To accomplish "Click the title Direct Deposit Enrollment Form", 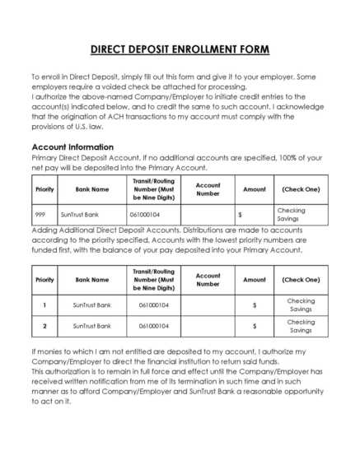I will tap(180, 49).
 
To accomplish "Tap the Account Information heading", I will tap(71, 147).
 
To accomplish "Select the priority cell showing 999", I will tap(40, 213).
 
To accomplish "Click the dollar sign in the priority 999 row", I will tap(239, 214).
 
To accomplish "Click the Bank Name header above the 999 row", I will tap(91, 188).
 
